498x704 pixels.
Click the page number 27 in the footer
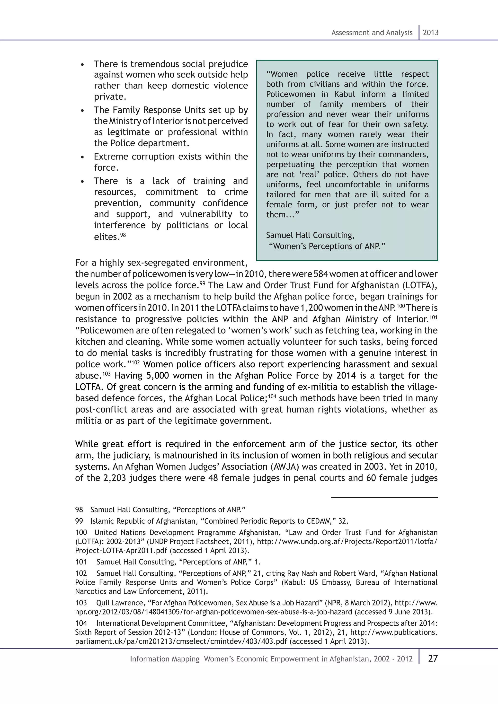coord(433,659)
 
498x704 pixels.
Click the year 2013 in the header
coord(431,33)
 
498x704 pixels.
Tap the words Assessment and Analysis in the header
coord(372,33)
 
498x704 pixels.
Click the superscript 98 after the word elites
coord(123,235)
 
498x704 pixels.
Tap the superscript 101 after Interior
coord(433,317)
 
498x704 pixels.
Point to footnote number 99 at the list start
coord(79,521)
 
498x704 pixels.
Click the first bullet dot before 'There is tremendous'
coord(82,65)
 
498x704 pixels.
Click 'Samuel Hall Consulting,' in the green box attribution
coord(310,235)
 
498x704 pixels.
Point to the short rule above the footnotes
coord(384,498)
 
